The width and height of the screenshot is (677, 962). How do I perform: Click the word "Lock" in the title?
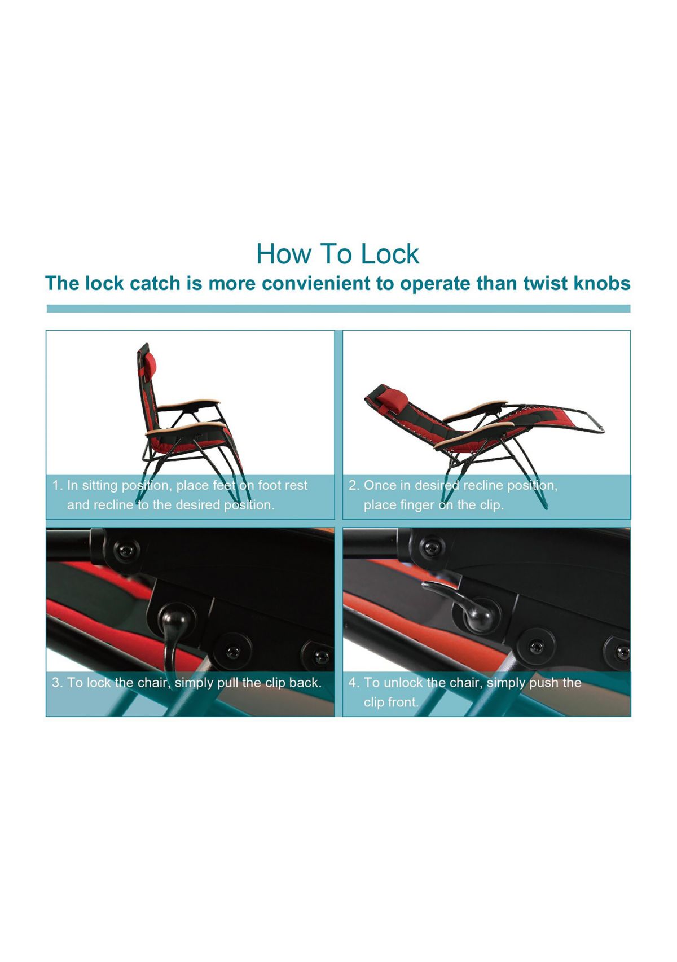pos(390,254)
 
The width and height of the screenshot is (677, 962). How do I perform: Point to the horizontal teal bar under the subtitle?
pos(338,309)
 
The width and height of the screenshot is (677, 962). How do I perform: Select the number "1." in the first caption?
pos(58,485)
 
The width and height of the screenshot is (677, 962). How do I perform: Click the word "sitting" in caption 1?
pos(99,485)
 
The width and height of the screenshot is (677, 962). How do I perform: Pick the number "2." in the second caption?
pos(354,485)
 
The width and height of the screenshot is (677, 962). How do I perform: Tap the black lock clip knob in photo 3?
pos(171,616)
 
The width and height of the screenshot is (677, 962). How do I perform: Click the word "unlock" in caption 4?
pos(403,683)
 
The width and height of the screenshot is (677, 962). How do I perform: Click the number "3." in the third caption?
pos(57,683)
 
